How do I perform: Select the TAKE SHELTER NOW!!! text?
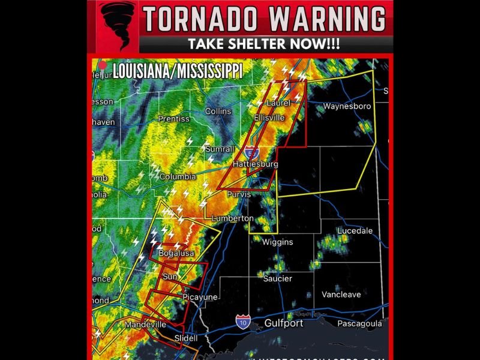click(264, 44)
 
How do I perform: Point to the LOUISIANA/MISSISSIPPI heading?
click(178, 71)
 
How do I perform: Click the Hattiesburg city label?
click(256, 164)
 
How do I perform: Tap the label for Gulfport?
click(284, 323)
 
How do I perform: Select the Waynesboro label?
click(347, 106)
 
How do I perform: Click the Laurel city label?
click(278, 103)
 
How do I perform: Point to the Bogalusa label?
click(176, 254)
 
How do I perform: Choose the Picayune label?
click(200, 297)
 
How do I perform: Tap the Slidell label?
click(185, 338)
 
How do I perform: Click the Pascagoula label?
click(359, 323)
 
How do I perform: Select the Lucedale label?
click(355, 230)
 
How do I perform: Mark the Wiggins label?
click(277, 242)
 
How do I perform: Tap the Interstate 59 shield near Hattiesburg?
click(253, 152)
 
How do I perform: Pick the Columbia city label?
click(178, 177)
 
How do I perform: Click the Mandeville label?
click(145, 325)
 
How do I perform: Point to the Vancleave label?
click(341, 295)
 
